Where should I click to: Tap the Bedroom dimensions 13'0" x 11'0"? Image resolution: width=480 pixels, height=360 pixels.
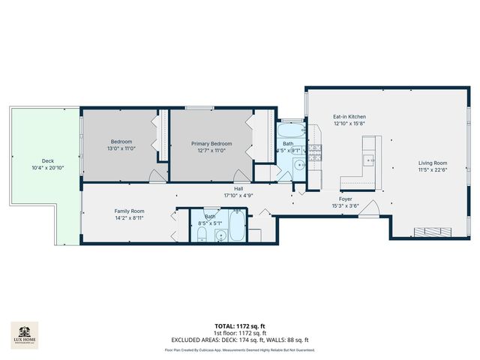point(121,150)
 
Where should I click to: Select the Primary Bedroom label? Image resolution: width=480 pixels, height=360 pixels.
point(211,143)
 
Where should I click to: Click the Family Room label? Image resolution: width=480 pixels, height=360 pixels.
point(128,211)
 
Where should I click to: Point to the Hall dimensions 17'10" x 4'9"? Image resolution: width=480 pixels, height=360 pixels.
point(239,195)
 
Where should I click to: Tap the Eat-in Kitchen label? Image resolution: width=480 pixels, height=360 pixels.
point(349,117)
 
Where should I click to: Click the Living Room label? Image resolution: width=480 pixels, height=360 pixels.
point(433,163)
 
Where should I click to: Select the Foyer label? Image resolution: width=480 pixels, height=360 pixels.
point(346,199)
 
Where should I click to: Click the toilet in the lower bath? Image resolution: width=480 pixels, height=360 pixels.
point(202,235)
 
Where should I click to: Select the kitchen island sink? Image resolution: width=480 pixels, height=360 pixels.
point(367,160)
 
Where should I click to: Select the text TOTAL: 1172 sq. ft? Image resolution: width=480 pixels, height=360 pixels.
point(239,326)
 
